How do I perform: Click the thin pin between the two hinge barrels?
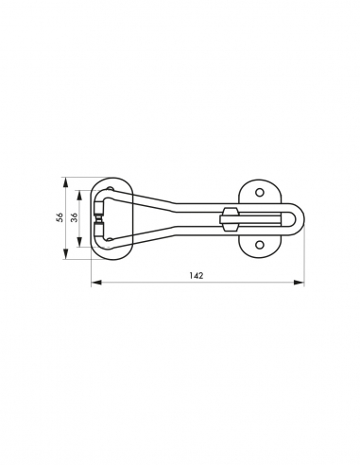pos(102,219)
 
